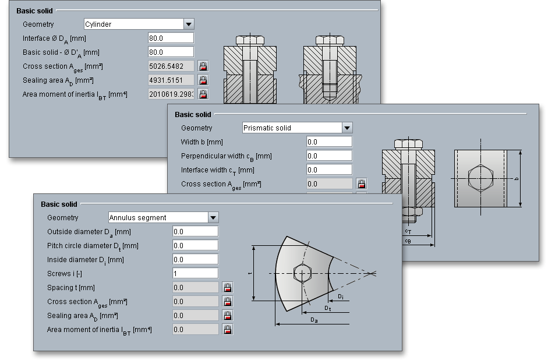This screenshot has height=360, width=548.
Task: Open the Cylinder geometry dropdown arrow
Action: click(x=189, y=24)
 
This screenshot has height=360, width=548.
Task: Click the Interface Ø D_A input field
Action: click(x=171, y=38)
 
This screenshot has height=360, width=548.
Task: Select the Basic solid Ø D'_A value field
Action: click(x=171, y=52)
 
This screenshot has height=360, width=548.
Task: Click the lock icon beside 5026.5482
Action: click(x=203, y=66)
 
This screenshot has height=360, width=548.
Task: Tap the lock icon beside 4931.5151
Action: click(x=203, y=80)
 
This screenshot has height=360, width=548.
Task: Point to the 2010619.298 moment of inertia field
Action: click(x=171, y=94)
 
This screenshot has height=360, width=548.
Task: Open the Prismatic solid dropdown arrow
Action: click(x=347, y=128)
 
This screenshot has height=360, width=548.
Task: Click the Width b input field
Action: click(x=329, y=142)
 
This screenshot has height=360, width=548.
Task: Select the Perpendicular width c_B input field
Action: click(x=329, y=156)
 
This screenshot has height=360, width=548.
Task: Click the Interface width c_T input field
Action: click(x=329, y=170)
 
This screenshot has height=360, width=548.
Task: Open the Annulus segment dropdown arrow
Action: click(x=213, y=218)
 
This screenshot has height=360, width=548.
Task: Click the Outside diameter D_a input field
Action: click(x=195, y=232)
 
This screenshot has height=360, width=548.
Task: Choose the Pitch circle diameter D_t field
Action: click(x=195, y=246)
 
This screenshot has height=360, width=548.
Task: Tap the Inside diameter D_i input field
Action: click(x=195, y=260)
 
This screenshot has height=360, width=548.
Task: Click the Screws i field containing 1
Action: click(x=195, y=274)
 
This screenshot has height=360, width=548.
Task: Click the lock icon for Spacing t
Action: click(x=228, y=288)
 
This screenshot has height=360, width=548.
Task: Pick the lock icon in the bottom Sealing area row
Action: click(x=228, y=316)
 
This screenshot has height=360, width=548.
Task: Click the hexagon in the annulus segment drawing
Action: click(x=302, y=273)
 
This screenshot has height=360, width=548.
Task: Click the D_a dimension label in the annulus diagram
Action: click(x=314, y=320)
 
